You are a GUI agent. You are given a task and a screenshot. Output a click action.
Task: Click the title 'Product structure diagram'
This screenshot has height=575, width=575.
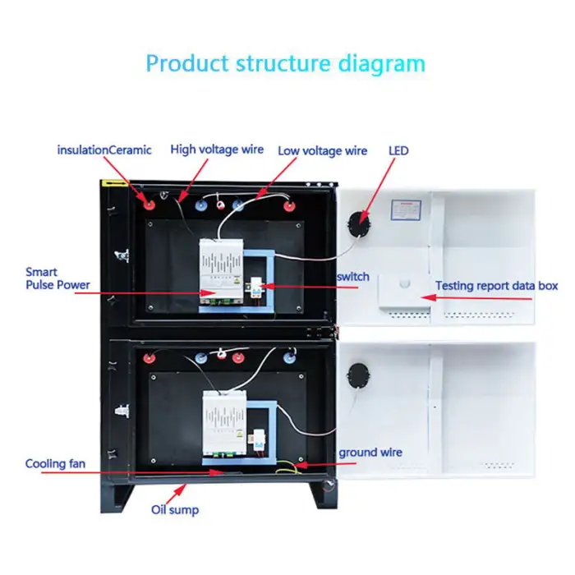click(x=285, y=64)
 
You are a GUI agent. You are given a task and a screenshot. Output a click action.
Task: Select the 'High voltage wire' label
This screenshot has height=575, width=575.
click(x=217, y=149)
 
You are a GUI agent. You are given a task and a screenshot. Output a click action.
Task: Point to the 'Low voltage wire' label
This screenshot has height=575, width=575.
click(x=322, y=151)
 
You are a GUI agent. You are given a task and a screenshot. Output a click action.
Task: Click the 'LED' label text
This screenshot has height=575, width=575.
click(x=398, y=151)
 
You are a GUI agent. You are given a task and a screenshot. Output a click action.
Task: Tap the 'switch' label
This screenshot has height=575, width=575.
click(x=352, y=277)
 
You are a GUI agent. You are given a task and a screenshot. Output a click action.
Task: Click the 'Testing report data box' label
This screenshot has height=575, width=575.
click(x=496, y=286)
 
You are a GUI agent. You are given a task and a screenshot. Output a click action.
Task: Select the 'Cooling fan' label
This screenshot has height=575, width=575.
click(x=55, y=464)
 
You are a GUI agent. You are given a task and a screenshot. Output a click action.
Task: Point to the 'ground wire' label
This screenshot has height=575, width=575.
click(x=370, y=453)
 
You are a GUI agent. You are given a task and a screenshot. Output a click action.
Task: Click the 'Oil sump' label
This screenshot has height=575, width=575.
click(x=174, y=510)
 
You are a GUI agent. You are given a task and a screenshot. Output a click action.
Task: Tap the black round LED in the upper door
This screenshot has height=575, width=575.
click(x=359, y=219)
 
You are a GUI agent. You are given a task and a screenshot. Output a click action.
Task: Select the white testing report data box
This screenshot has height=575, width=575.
click(x=403, y=292)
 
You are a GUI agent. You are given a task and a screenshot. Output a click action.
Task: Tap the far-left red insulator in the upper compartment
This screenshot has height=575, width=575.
click(x=149, y=201)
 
